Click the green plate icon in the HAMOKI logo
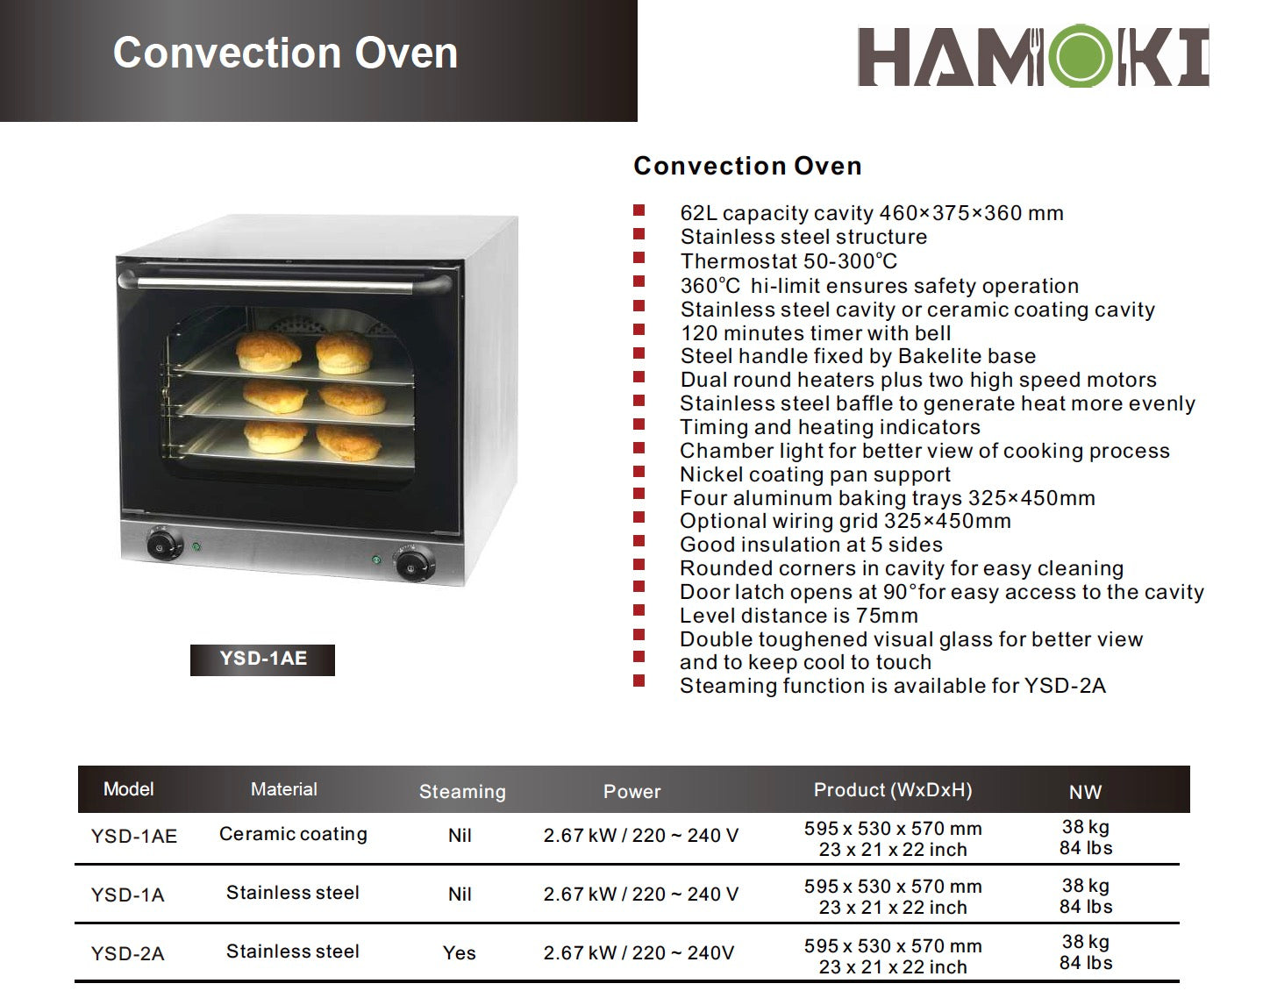[1084, 57]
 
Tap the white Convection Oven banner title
[285, 53]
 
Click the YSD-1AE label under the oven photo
[262, 659]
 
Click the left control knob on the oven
[161, 545]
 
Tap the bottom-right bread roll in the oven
[349, 441]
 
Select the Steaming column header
[462, 792]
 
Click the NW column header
[1085, 792]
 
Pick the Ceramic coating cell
[293, 834]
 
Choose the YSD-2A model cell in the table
[127, 953]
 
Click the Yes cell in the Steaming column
[460, 953]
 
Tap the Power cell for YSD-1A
[640, 895]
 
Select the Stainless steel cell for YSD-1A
[293, 893]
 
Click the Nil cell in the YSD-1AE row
[460, 836]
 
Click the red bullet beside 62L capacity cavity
[639, 211]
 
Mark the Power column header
[631, 792]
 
